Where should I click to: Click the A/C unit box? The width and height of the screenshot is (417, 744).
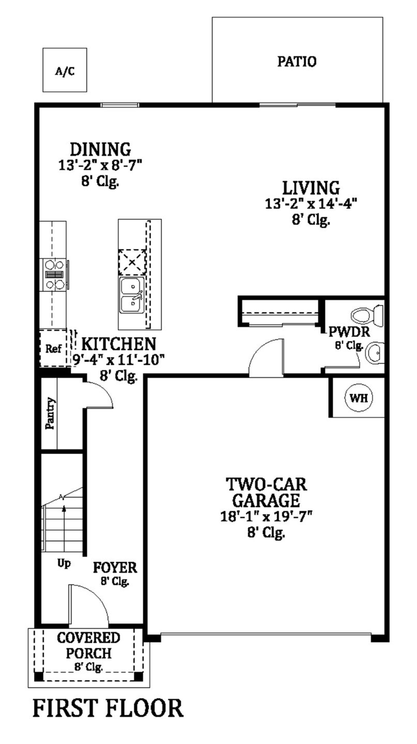pos(65,70)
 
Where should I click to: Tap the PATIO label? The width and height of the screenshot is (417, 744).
pos(296,62)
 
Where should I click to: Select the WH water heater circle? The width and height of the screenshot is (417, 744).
pos(359,398)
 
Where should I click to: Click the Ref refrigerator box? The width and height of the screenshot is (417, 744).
pos(53,349)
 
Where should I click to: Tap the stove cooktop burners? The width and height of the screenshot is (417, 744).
pos(54,274)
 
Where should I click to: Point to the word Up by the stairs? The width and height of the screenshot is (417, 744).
pos(64,563)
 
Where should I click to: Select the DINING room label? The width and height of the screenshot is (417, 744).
pos(100,150)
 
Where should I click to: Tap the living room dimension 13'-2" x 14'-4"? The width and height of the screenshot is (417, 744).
pos(311,204)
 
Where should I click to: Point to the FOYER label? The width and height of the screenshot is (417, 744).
pos(115,567)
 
